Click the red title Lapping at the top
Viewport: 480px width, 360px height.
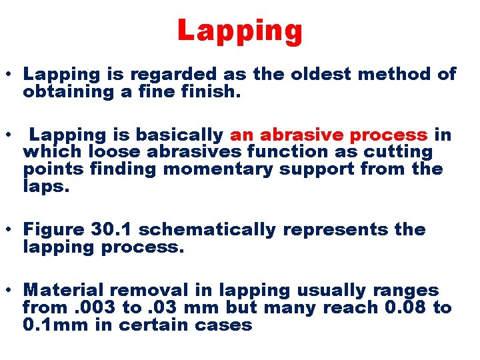tap(240, 31)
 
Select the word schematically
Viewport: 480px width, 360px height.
tap(207, 229)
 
